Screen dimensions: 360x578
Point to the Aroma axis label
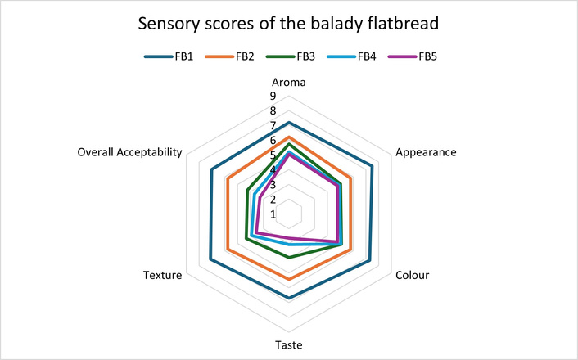pyautogui.click(x=288, y=83)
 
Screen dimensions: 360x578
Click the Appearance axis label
pyautogui.click(x=426, y=152)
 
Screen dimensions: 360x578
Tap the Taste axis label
pyautogui.click(x=288, y=344)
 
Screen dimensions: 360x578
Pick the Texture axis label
pyautogui.click(x=161, y=274)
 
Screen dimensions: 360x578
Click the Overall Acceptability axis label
pyautogui.click(x=129, y=152)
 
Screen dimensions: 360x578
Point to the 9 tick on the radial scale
pyautogui.click(x=273, y=97)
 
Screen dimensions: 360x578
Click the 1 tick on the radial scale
pyautogui.click(x=273, y=214)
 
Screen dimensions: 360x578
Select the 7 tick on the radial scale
pyautogui.click(x=273, y=125)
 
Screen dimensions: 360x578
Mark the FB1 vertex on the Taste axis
pyautogui.click(x=288, y=299)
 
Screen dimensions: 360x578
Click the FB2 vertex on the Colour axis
pyautogui.click(x=350, y=249)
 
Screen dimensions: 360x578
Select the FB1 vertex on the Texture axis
pyautogui.click(x=210, y=260)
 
